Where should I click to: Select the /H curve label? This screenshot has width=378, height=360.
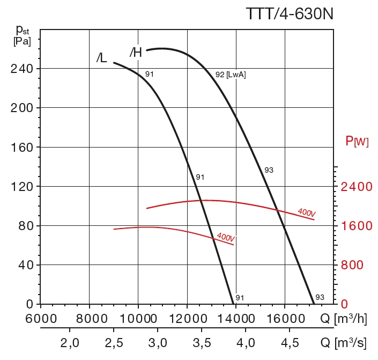click(x=136, y=52)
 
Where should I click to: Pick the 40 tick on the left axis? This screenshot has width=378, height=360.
click(x=26, y=265)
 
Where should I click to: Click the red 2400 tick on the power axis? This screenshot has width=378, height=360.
click(x=357, y=187)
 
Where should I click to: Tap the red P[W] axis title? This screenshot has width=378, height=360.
click(x=357, y=142)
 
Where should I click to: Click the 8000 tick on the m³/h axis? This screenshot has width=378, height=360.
click(x=90, y=318)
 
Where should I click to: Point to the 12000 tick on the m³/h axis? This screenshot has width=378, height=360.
click(x=187, y=318)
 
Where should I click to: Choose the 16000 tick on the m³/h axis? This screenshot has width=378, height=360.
click(x=285, y=318)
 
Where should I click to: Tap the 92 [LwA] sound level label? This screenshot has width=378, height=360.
click(x=231, y=75)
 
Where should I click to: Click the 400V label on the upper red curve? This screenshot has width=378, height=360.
click(x=306, y=212)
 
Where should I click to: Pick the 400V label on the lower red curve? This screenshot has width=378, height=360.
click(x=226, y=237)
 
